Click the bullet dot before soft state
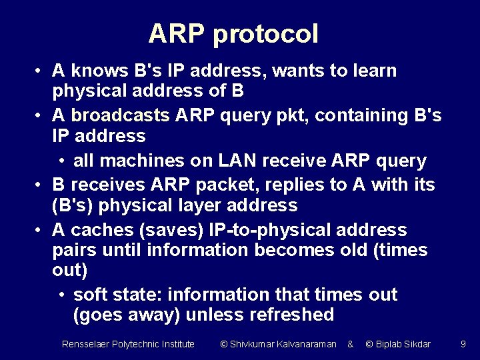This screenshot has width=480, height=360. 61,295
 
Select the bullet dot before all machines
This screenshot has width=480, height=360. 61,161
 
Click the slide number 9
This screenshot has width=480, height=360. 463,344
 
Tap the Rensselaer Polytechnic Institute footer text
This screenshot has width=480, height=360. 128,344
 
